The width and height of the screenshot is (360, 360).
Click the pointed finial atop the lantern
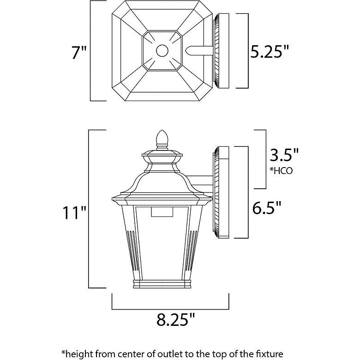coord(162,138)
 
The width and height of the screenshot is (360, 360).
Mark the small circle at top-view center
coord(162,50)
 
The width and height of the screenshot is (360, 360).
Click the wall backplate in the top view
coord(221,51)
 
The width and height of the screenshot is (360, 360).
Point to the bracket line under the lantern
coord(170,306)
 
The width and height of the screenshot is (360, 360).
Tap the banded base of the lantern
coord(162,283)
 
